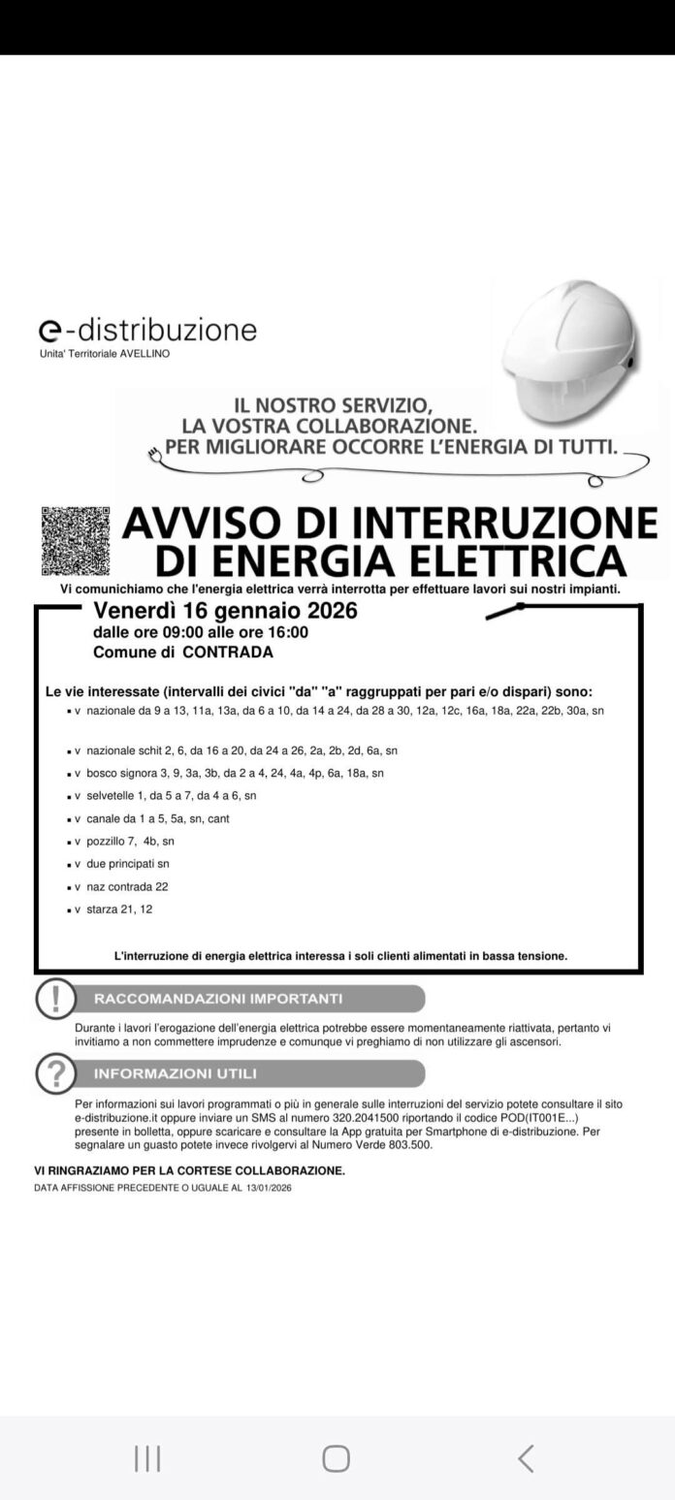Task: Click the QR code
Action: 76,541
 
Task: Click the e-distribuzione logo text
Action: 147,330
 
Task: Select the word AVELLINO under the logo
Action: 145,354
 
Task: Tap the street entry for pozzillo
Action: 130,841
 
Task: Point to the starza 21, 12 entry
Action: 119,909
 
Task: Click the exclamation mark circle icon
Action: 55,998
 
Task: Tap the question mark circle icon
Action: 55,1073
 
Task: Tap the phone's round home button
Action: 336,1457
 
